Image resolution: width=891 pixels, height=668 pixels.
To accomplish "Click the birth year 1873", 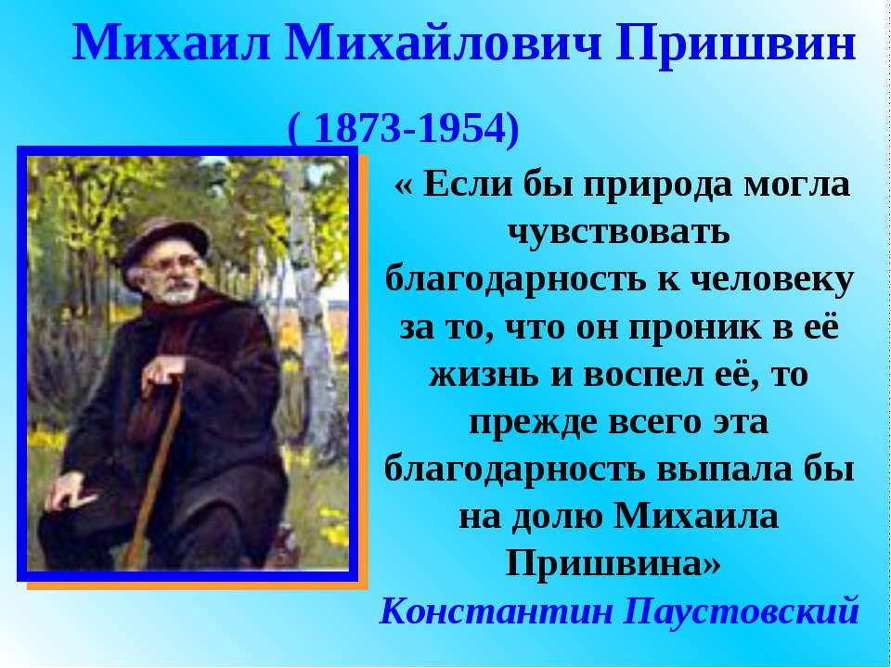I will tap(354, 130).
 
